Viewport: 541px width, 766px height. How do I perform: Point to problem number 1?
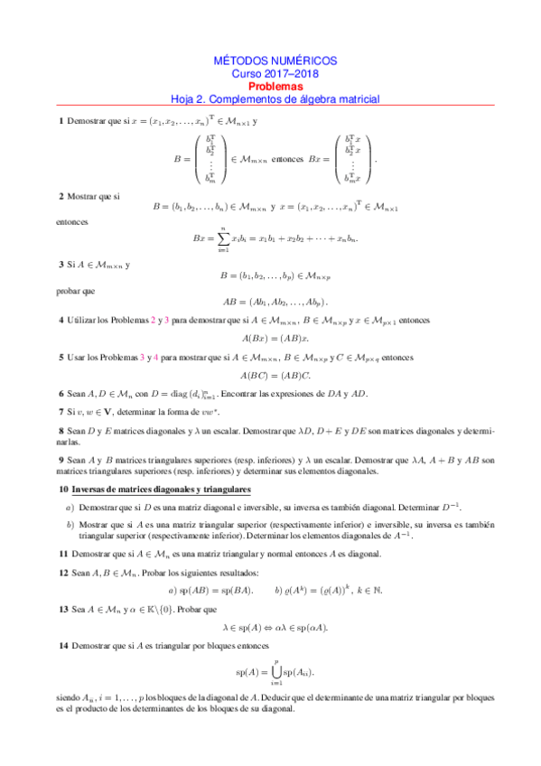pos(61,121)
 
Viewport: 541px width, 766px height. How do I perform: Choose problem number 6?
pos(61,393)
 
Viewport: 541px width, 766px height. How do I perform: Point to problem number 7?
pos(61,411)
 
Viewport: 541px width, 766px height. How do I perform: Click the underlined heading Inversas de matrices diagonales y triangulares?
pos(160,489)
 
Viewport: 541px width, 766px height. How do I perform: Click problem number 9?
pos(61,461)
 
